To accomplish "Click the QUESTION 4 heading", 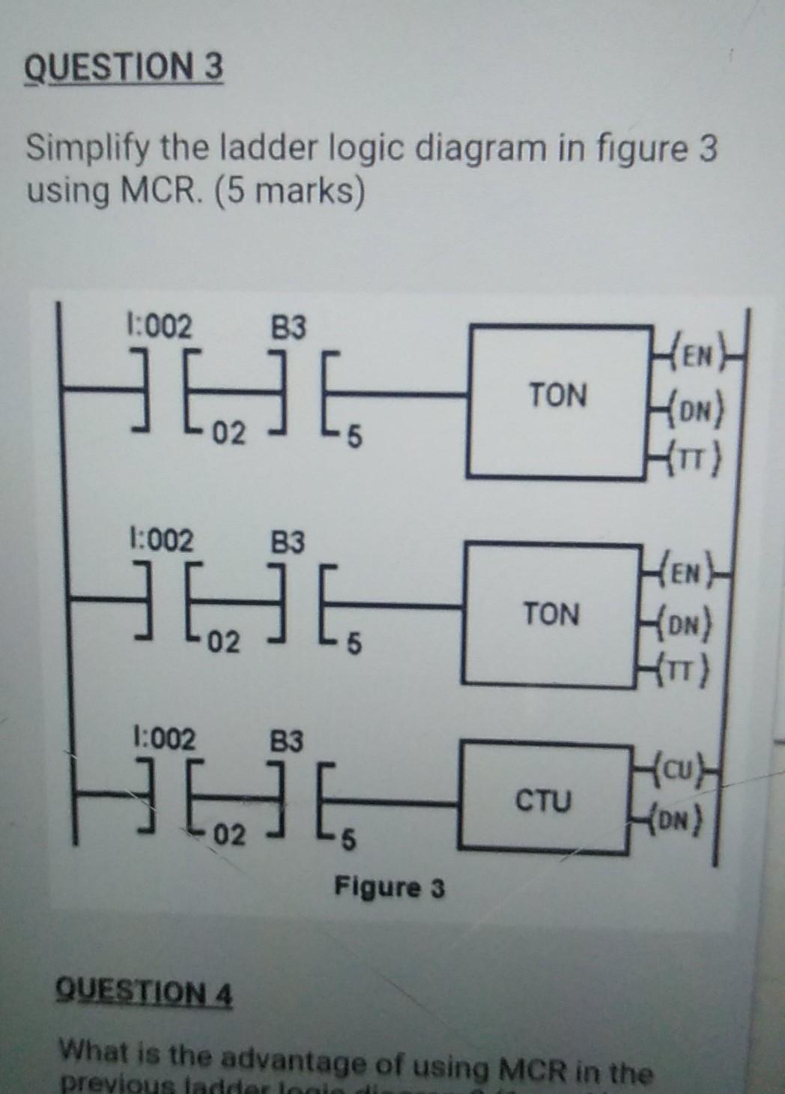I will pyautogui.click(x=145, y=995).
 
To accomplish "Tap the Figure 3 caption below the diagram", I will pyautogui.click(x=389, y=889).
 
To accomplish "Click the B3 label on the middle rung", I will pyautogui.click(x=288, y=541).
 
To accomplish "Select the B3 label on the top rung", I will pyautogui.click(x=288, y=327).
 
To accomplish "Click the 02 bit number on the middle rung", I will pyautogui.click(x=225, y=643).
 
